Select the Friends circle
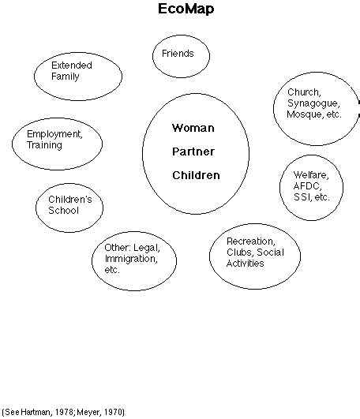point(173,54)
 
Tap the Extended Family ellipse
point(78,76)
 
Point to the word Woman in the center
point(193,126)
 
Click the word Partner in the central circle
point(193,151)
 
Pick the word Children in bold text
point(196,175)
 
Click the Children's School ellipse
point(70,206)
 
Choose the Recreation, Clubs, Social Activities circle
point(249,253)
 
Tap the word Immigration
point(131,258)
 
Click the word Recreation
point(249,241)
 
